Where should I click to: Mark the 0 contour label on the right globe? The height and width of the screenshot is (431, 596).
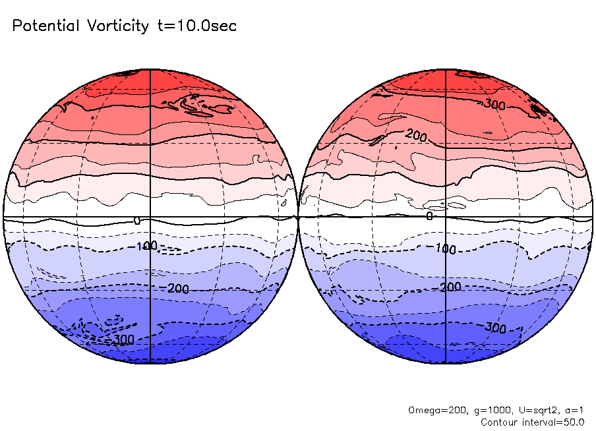pos(429,215)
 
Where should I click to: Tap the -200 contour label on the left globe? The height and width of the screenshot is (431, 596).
pos(173,289)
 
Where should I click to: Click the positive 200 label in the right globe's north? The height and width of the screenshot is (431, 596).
pos(413,135)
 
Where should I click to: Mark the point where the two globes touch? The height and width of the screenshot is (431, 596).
pos(298,216)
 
